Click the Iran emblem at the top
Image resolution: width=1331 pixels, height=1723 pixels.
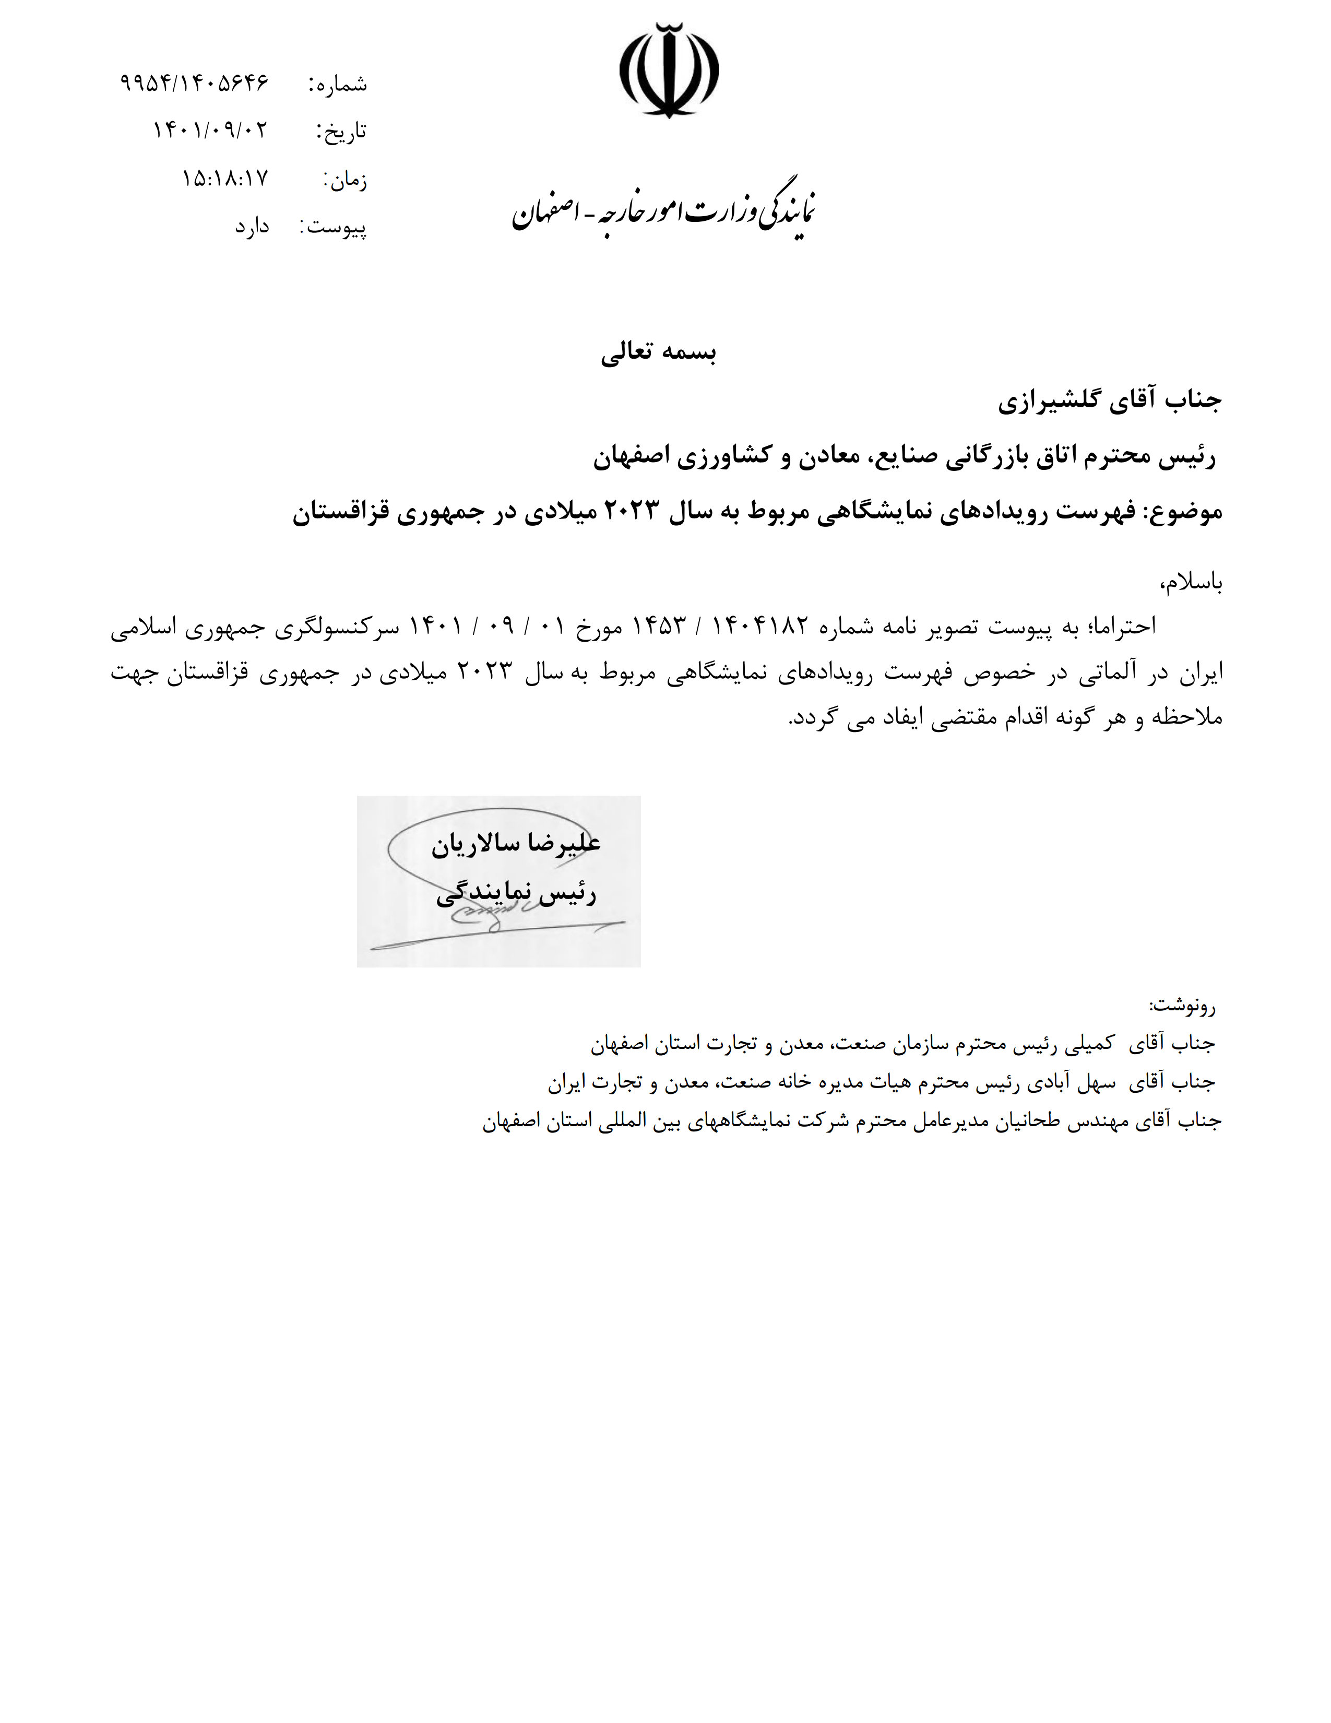tap(669, 71)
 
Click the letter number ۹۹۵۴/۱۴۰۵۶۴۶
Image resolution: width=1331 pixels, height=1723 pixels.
tap(195, 82)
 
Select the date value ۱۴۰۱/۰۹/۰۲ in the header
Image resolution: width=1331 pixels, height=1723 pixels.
tap(210, 129)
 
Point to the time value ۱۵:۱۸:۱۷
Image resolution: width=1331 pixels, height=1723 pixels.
tap(225, 178)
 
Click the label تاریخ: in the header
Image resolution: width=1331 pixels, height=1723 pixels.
tap(341, 131)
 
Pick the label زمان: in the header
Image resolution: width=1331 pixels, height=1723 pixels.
tap(344, 181)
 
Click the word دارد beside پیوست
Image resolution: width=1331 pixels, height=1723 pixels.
tap(252, 227)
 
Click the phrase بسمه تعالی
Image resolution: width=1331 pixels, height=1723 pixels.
tap(658, 353)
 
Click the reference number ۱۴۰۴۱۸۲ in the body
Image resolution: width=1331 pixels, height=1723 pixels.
tap(761, 627)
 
